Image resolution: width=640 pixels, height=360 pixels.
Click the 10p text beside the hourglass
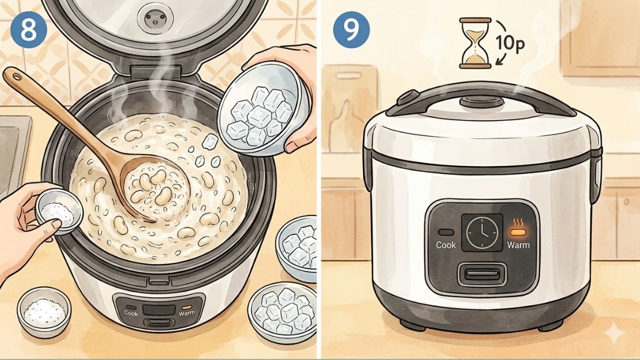click(511, 43)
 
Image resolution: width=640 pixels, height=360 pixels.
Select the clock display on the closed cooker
click(482, 233)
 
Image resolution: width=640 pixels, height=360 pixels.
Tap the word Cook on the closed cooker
click(446, 245)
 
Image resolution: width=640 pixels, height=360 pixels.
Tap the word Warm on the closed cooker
click(518, 245)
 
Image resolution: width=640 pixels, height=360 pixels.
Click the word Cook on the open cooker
click(131, 313)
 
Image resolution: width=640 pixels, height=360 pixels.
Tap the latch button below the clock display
click(482, 274)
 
